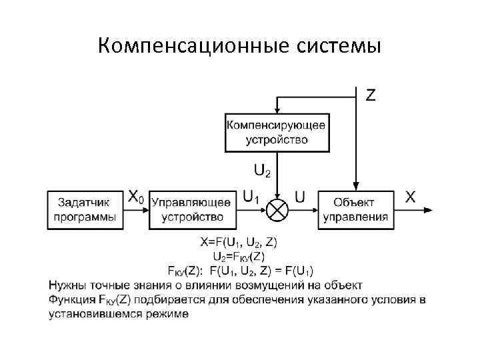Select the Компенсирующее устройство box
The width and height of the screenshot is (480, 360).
tap(277, 132)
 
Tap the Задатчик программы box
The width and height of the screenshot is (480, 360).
tap(85, 210)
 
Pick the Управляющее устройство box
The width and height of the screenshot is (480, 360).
tap(192, 210)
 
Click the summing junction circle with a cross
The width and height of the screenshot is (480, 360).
tap(277, 210)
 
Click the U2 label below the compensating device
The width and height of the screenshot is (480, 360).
tap(263, 171)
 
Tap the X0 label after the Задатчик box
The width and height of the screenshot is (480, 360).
tap(135, 197)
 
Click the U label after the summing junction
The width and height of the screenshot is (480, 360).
tap(300, 197)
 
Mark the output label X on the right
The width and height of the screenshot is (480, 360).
tap(411, 197)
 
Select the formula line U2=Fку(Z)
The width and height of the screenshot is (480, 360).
tap(239, 257)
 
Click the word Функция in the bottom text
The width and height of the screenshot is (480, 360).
tap(71, 300)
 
